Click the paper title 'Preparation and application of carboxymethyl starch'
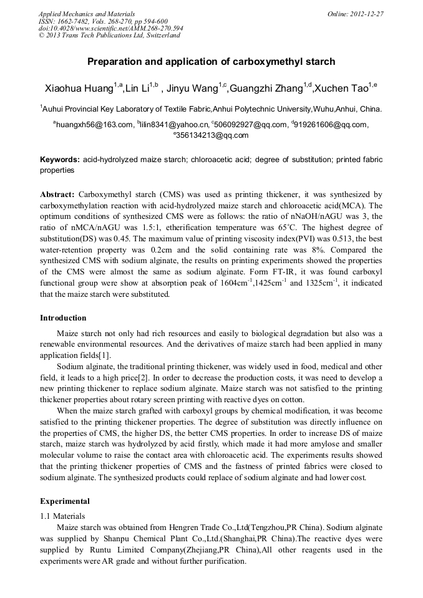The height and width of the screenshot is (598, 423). [x=211, y=62]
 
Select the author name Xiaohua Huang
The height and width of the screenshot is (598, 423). [x=79, y=87]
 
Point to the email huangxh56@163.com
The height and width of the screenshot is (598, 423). [x=94, y=125]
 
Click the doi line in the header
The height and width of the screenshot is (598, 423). [x=110, y=28]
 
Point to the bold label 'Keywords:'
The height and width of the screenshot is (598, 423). [x=59, y=160]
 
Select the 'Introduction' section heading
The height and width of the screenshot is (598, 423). [x=63, y=318]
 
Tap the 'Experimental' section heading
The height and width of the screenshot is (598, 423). [x=65, y=501]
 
